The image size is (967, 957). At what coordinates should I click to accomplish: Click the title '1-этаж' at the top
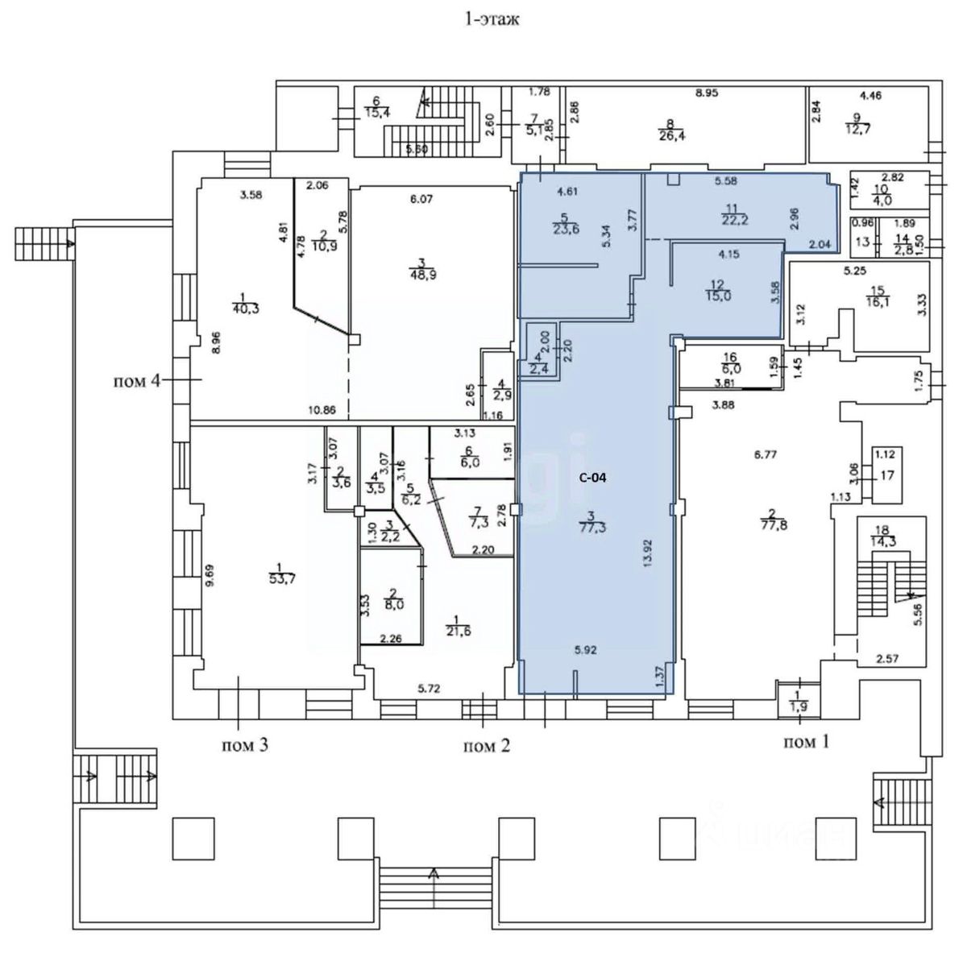click(x=491, y=19)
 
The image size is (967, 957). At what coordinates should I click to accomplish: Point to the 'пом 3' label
click(x=244, y=745)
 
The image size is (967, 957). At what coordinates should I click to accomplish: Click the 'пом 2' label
click(x=486, y=746)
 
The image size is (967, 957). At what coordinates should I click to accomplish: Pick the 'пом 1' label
click(x=805, y=742)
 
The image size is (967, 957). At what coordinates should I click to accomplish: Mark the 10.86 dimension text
click(x=322, y=409)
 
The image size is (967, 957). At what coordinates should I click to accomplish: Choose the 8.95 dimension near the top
click(x=707, y=93)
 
